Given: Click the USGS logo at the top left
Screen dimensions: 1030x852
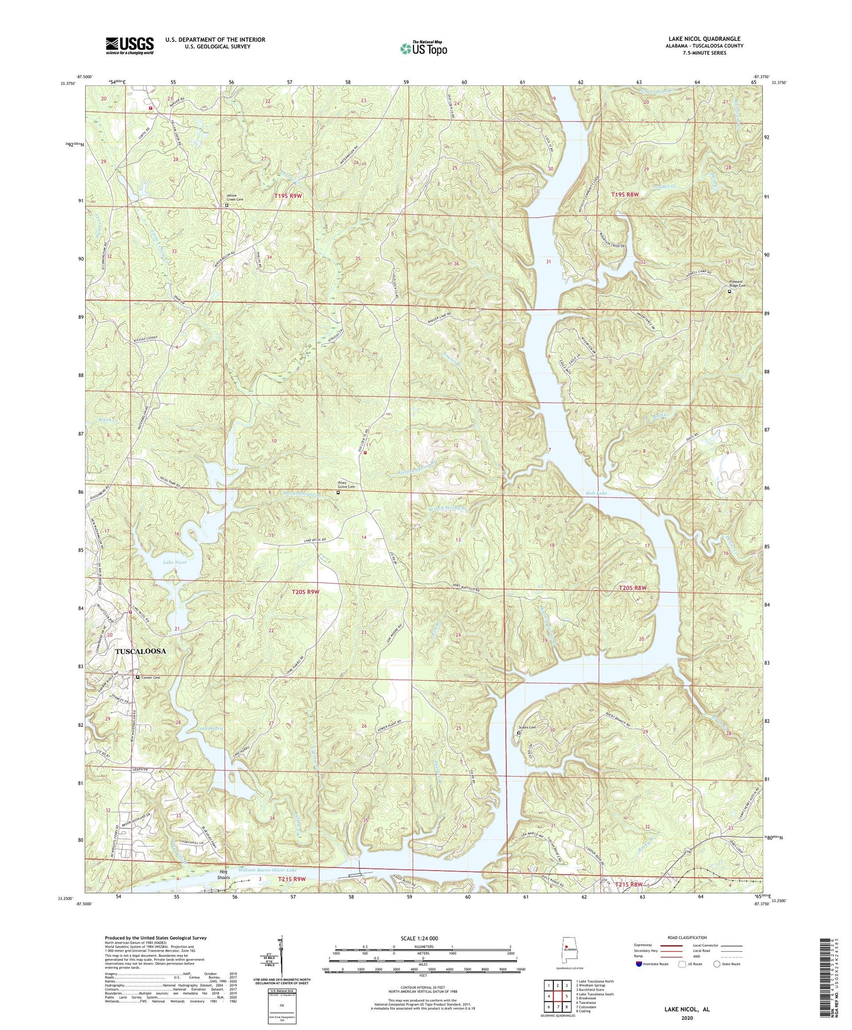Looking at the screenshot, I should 130,45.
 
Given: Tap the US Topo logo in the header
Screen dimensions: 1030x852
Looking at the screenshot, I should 424,49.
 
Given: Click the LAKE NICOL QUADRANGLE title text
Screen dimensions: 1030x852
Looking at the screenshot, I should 705,39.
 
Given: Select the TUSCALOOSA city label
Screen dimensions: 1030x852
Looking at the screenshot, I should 141,651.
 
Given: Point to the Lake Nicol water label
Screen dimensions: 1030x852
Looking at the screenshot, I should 175,562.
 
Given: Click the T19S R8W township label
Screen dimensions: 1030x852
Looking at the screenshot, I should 625,194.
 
